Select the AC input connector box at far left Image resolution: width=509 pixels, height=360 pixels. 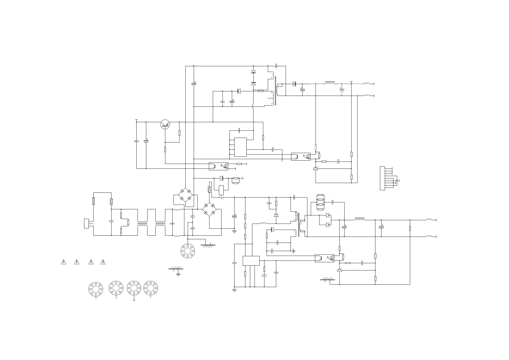86,223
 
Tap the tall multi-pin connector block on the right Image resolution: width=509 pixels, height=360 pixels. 382,178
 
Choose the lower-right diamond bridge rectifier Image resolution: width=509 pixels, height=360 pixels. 209,210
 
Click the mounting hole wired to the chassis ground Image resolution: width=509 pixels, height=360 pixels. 187,251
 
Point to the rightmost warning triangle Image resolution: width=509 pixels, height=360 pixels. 103,262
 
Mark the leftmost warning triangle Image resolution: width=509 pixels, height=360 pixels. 63,262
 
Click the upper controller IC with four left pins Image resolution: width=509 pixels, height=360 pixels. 240,147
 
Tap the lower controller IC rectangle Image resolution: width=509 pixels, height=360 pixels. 251,261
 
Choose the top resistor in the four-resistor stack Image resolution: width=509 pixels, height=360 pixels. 321,195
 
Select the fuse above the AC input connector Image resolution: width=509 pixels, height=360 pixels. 93,201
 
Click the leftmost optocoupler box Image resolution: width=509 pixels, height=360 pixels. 218,166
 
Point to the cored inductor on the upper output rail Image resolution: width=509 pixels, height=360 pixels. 329,83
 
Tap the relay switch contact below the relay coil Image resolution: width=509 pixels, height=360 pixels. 222,198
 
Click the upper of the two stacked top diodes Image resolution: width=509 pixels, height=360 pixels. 253,72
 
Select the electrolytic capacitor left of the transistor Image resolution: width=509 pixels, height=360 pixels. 146,141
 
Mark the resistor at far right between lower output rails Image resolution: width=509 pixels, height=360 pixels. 410,228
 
